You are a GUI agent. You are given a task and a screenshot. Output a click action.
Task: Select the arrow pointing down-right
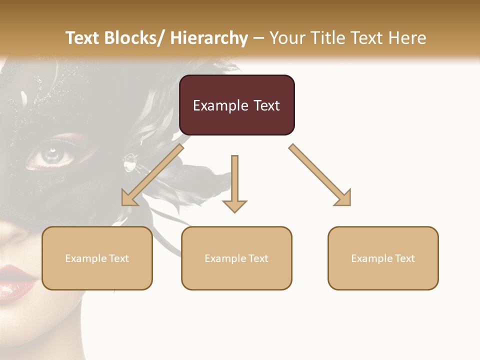coord(320,175)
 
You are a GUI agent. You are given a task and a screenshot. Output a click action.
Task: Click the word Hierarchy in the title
coord(209,38)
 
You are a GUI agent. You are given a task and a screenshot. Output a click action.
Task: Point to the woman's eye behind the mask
coord(51,155)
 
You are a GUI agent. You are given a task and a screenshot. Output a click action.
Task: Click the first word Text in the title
coord(83,38)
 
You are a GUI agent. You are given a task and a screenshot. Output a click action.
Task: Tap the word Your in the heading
coord(286,38)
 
